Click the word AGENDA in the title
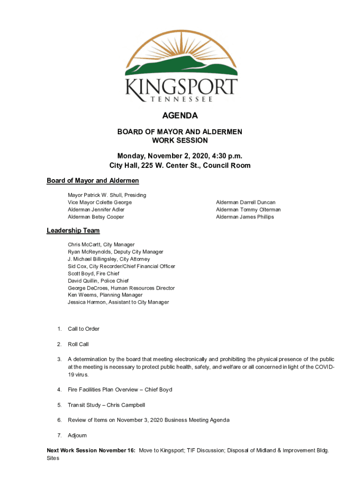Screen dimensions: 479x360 coord(180,116)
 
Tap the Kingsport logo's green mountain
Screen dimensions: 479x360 coord(180,66)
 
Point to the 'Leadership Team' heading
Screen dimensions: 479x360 coord(73,231)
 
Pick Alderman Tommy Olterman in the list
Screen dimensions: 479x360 coord(248,210)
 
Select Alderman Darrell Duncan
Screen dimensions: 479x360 coord(245,203)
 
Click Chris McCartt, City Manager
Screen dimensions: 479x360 coord(101,245)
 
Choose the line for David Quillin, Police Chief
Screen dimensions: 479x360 coord(98,281)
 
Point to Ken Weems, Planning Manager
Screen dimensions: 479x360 coord(105,295)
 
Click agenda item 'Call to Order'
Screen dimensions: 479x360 coord(84,329)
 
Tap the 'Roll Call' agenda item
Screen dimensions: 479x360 coord(78,344)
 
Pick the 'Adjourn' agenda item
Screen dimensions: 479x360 coord(77,435)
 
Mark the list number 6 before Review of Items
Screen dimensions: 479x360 coord(59,420)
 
